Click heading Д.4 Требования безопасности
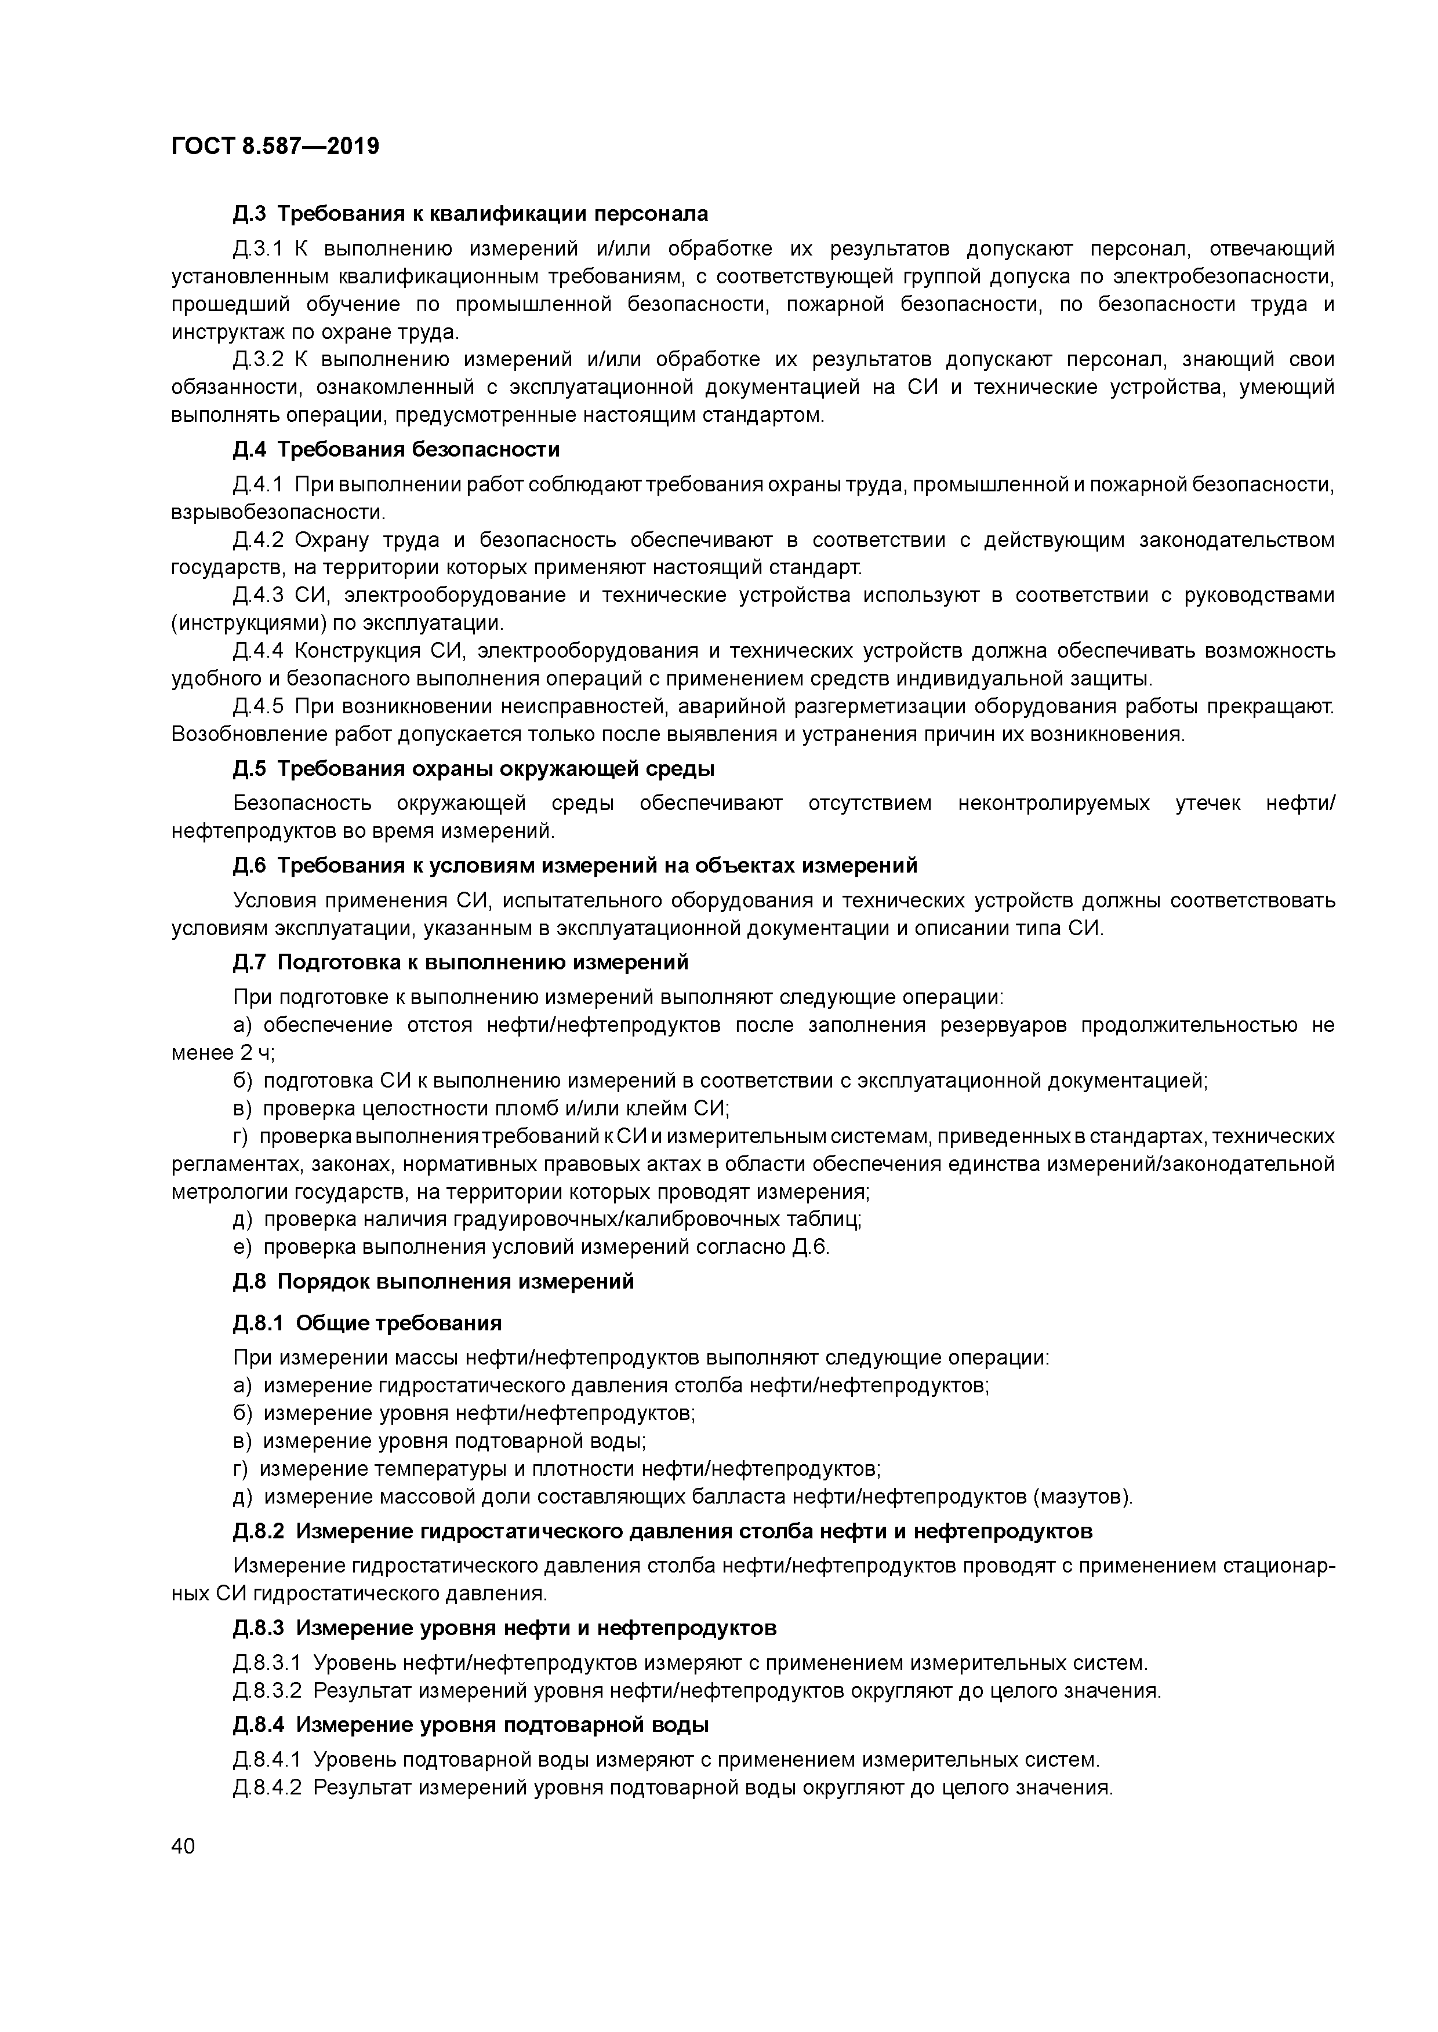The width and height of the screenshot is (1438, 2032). pos(396,450)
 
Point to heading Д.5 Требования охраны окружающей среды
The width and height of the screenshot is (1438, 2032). pos(474,768)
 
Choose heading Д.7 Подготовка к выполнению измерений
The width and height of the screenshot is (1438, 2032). pos(460,961)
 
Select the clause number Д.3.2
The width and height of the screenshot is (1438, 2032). pos(257,359)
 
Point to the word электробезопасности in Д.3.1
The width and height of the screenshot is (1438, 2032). pos(1223,276)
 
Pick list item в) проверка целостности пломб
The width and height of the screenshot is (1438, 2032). pos(481,1108)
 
